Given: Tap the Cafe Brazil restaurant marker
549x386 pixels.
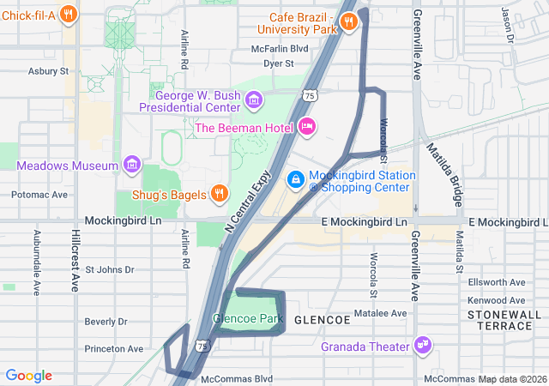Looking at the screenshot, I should click(348, 23).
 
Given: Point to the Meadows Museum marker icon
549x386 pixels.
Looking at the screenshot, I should click(131, 163).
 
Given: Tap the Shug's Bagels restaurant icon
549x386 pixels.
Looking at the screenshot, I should click(219, 192).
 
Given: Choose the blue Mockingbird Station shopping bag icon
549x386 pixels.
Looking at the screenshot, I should click(294, 179).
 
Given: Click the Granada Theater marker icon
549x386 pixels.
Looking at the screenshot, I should click(422, 346).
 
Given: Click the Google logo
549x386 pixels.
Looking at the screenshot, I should click(28, 376).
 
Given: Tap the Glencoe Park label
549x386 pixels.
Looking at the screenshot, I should click(247, 319).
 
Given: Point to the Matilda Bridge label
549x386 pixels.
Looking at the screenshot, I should click(444, 177).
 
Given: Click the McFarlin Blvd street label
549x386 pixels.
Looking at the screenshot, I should click(279, 49).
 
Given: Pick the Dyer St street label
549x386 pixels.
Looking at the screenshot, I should click(279, 63).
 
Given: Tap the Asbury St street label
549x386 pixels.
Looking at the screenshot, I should click(47, 71).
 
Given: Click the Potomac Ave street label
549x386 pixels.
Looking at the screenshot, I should click(39, 195).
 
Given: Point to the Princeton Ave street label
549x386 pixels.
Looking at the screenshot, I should click(113, 349).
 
